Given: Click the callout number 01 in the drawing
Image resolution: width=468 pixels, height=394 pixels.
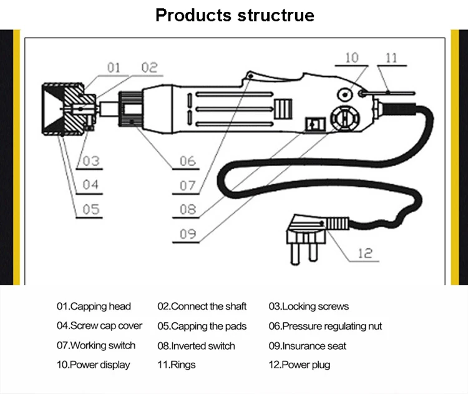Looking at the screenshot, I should (113, 67).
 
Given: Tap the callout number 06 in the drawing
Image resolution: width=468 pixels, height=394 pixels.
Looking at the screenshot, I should (188, 161).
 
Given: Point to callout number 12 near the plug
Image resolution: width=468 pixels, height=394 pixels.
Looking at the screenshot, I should (365, 253).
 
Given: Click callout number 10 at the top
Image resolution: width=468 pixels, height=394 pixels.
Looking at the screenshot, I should (352, 57).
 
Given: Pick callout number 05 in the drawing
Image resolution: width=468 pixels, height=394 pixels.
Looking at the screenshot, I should (91, 209).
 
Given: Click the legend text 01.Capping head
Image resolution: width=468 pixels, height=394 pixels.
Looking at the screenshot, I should (94, 307).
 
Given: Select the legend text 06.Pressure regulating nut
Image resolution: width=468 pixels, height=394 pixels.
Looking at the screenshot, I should (325, 326).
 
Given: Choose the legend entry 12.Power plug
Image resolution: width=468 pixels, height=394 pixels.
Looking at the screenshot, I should (300, 365).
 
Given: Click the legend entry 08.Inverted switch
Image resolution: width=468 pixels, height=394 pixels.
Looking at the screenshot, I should (196, 346).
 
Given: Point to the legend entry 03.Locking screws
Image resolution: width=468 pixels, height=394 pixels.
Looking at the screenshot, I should (309, 307).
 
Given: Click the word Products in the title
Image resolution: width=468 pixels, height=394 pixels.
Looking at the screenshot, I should (193, 15).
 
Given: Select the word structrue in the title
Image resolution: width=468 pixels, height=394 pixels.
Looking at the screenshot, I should (276, 15).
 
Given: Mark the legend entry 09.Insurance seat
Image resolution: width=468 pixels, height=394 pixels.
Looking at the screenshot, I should (307, 346).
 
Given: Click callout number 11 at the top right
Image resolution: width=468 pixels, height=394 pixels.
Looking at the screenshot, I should (391, 58).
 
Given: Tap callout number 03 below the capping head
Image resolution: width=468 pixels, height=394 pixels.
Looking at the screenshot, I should (91, 161).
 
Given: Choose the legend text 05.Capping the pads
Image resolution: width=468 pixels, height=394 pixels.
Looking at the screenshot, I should (202, 326).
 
